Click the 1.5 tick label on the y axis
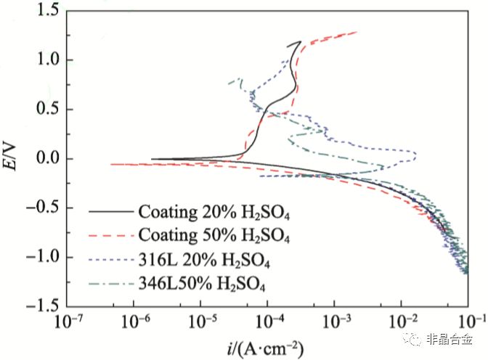47,10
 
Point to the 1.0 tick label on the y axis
47,60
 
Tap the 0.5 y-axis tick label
47,109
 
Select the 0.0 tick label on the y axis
47,158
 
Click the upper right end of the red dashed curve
357,32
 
